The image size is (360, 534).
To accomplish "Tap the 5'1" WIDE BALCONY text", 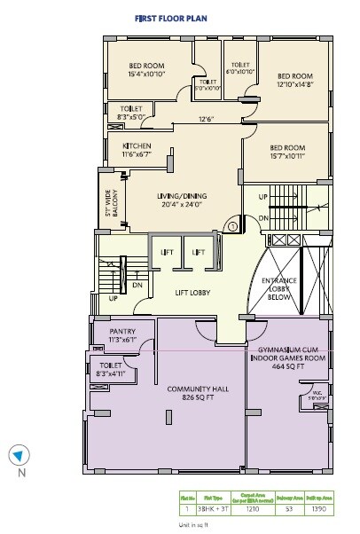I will coord(110,200).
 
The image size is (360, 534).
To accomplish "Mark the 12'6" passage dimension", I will coord(206,119).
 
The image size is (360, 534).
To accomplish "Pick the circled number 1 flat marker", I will coord(232,226).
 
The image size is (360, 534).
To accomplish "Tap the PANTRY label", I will coord(122,334).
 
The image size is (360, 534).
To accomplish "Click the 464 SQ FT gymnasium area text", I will coord(287,365).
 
